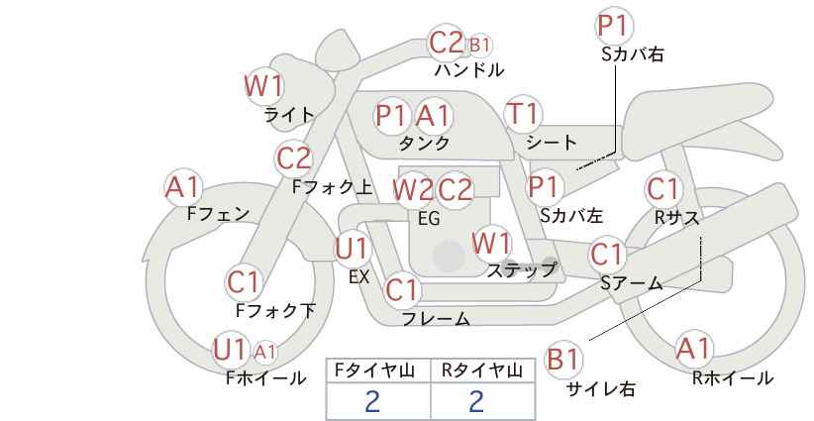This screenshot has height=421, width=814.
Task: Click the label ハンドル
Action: pos(469,70)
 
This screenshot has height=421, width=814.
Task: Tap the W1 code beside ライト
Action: pos(263,85)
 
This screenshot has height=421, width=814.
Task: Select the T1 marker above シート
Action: pos(523,114)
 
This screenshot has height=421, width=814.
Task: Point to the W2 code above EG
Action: pos(412,190)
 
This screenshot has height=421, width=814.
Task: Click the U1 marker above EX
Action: pos(352,250)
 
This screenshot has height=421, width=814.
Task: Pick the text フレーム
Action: pos(436,318)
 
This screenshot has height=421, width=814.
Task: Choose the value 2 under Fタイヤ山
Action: pos(372,401)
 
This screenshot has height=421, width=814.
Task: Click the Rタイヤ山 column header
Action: pos(482,370)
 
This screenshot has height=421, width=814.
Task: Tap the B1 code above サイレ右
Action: pos(562,360)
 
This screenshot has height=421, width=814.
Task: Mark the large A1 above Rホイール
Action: pos(693,349)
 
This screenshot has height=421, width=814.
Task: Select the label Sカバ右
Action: pos(633,54)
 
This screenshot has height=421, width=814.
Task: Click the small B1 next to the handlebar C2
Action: pos(479,46)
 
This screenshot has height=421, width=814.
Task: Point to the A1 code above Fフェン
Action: pos(182,187)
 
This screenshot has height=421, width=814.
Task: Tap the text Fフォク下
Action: pos(275,310)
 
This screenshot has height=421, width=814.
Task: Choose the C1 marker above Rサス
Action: pos(662,189)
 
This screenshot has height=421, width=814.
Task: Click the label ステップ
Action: pos(521,270)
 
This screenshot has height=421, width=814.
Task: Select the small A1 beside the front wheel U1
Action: pos(264,353)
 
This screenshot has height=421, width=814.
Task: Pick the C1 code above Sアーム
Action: pos(606,255)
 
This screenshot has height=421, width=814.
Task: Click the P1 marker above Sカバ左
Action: pos(543,186)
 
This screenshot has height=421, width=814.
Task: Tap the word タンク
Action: pos(424,143)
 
